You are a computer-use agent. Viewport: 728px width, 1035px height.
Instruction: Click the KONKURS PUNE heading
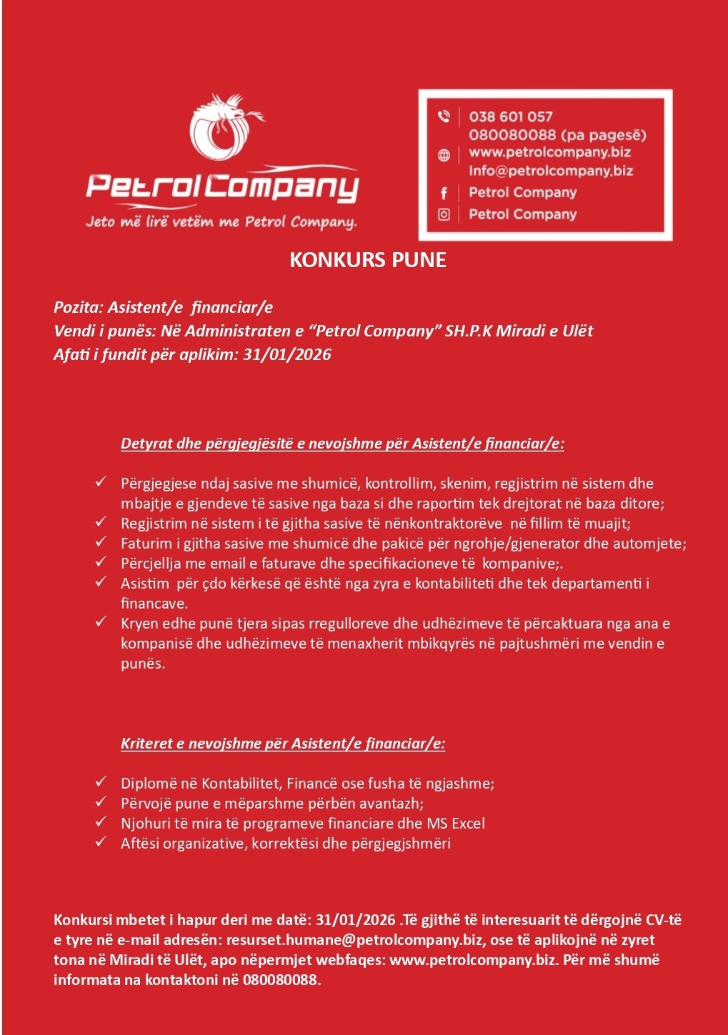[367, 259]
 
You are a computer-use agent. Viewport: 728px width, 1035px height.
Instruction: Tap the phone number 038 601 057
[510, 116]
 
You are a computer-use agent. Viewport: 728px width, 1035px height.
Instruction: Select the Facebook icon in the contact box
[444, 193]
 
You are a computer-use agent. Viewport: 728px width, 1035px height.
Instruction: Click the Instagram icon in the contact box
[444, 214]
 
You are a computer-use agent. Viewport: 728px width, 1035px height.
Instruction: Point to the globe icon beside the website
[444, 155]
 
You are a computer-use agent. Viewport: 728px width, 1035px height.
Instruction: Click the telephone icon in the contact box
[444, 116]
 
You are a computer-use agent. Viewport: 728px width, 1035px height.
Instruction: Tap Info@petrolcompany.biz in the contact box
[550, 171]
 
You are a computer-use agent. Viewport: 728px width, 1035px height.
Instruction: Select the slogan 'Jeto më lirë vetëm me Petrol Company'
[221, 221]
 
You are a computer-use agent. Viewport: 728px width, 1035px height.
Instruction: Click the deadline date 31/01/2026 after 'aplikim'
[287, 354]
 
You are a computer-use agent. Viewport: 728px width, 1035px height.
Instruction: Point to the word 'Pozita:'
[79, 308]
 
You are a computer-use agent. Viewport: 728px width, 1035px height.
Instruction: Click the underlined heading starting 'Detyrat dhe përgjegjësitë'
[342, 444]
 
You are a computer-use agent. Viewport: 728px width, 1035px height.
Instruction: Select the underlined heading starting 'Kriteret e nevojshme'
[283, 744]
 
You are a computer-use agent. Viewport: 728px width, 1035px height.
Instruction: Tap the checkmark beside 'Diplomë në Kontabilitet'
[101, 783]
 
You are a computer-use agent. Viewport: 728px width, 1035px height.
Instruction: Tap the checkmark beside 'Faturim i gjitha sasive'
[101, 543]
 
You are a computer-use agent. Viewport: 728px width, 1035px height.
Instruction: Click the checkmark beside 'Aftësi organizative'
[101, 843]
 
